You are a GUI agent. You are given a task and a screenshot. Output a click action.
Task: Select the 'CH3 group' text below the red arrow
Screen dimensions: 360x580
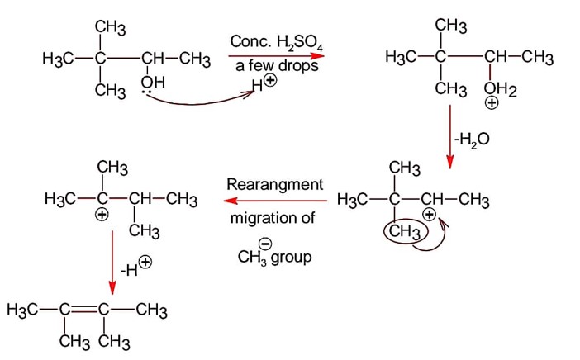click(274, 257)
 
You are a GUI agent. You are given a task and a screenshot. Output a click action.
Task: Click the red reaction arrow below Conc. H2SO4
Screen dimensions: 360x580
click(278, 56)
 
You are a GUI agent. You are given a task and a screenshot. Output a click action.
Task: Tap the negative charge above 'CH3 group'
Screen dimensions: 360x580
click(265, 243)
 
